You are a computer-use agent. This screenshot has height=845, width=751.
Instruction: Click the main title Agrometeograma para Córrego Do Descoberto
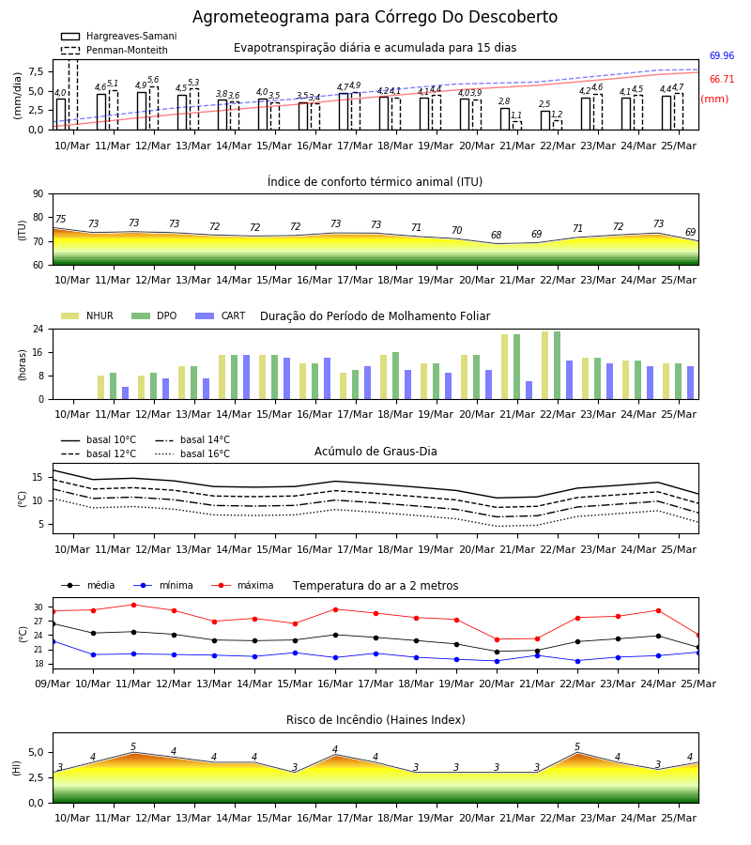(x=375, y=17)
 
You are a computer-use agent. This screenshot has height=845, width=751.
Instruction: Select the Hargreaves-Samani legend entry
(x=119, y=36)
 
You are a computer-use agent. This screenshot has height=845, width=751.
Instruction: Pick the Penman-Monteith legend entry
(x=115, y=50)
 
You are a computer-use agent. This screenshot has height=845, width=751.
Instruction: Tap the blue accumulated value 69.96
(x=722, y=55)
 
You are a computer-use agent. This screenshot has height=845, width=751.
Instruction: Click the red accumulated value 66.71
(x=722, y=79)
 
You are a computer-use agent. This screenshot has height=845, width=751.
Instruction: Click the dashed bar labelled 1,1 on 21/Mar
(x=516, y=126)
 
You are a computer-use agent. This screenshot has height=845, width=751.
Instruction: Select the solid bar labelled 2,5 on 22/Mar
(x=545, y=120)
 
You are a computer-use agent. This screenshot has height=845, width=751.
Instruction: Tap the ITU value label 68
(x=497, y=235)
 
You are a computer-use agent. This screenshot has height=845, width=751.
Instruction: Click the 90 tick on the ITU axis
(x=38, y=194)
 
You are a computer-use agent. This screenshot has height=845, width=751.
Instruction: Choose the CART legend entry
(x=221, y=315)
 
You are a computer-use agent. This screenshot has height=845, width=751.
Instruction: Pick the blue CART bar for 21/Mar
(x=529, y=391)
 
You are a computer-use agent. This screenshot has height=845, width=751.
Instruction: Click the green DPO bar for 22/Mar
(x=557, y=365)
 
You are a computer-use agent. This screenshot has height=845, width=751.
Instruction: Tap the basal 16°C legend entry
(x=192, y=453)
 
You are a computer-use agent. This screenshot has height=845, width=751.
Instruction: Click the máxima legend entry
(x=242, y=585)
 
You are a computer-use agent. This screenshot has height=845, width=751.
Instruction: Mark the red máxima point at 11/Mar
(x=133, y=605)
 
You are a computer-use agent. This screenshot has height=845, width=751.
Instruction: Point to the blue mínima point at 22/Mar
(x=577, y=661)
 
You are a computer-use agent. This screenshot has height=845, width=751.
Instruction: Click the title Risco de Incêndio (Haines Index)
(x=375, y=719)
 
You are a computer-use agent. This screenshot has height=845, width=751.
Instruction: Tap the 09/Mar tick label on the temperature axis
(x=53, y=684)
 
